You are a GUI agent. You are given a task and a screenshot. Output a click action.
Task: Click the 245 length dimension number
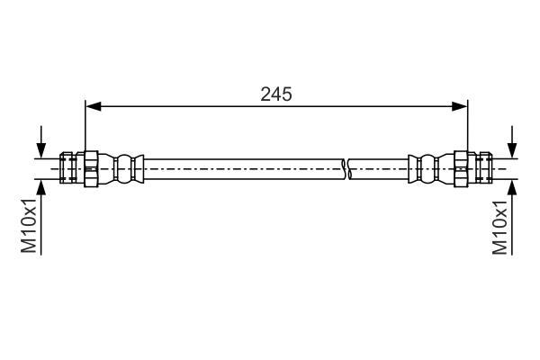276,94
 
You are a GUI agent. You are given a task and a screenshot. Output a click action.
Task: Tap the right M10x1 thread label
499,227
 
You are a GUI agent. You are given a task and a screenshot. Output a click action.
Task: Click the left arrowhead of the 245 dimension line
94,106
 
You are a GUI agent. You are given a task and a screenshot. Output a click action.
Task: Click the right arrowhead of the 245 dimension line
459,106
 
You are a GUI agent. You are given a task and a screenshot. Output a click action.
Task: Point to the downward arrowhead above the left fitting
41,150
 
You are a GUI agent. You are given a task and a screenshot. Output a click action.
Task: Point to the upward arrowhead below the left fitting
41,187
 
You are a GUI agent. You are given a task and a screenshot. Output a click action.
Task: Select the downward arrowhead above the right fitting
512,150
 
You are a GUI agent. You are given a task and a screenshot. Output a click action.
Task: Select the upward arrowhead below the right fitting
512,187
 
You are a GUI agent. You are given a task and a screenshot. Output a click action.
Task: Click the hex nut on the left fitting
91,169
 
